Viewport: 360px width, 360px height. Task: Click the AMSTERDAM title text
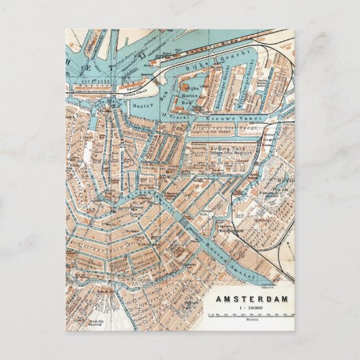[251, 298]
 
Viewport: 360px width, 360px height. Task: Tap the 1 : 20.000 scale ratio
[251, 308]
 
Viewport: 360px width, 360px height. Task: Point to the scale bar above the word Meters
[251, 315]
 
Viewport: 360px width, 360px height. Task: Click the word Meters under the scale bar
[251, 321]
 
